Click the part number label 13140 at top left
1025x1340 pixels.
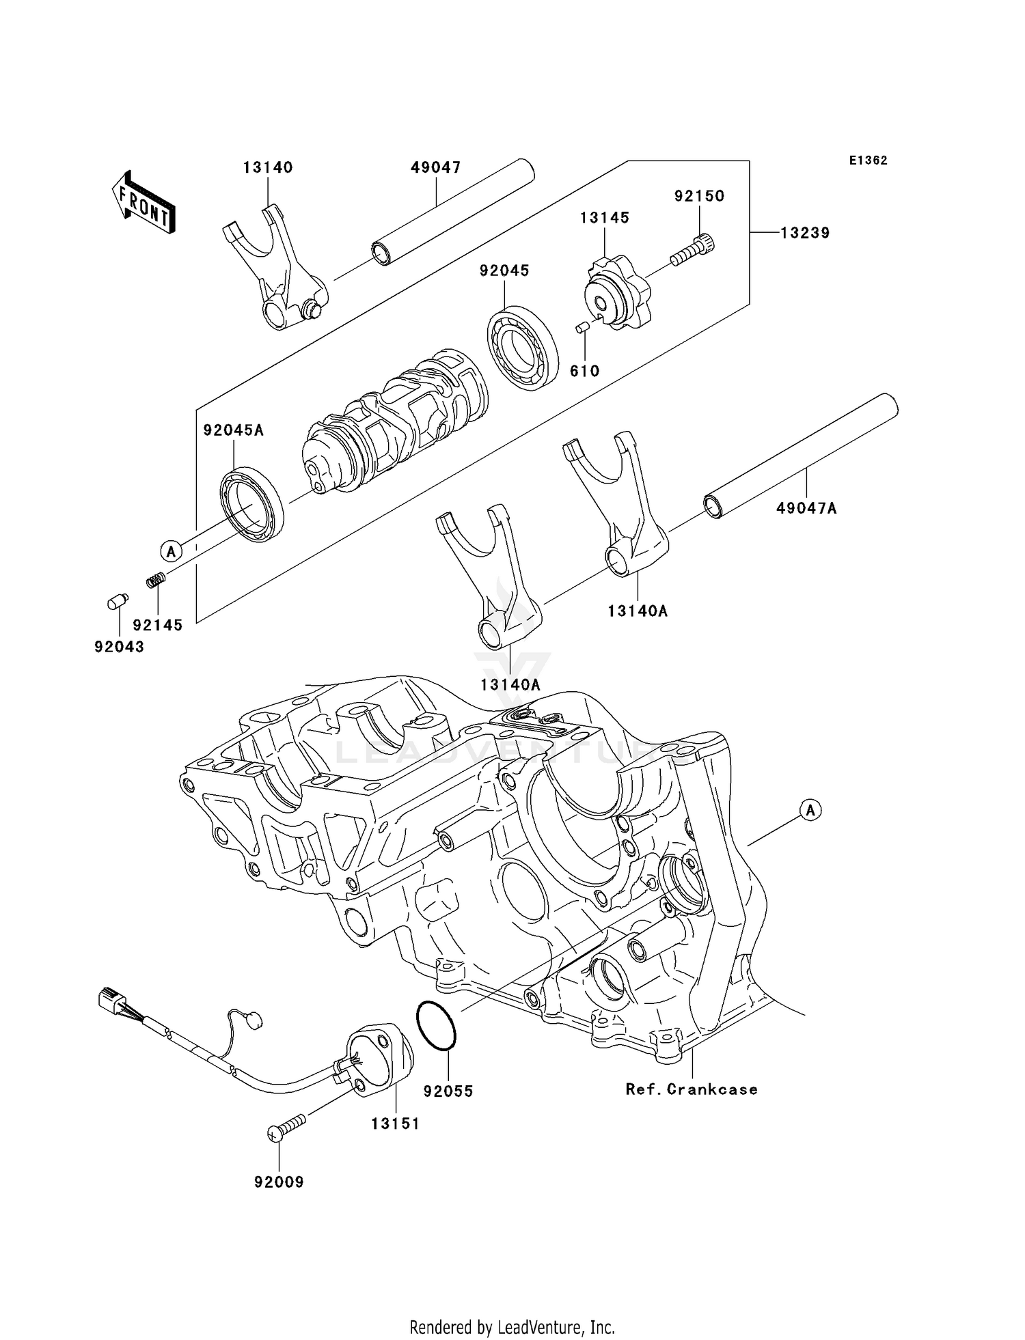click(268, 167)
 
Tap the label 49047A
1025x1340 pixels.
click(806, 508)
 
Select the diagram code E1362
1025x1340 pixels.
click(868, 160)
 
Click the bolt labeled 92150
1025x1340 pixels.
click(692, 250)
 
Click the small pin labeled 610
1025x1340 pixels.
click(582, 329)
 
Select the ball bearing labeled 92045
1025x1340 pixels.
click(522, 348)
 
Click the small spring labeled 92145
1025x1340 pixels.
click(156, 581)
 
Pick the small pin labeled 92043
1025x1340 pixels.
click(118, 602)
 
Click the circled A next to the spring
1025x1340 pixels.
click(172, 550)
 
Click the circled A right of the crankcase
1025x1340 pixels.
click(810, 810)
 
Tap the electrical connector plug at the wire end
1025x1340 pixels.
click(111, 1001)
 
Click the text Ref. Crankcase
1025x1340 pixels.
click(692, 1089)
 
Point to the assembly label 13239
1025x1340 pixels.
click(805, 233)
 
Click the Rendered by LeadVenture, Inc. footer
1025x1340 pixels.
click(512, 1327)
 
